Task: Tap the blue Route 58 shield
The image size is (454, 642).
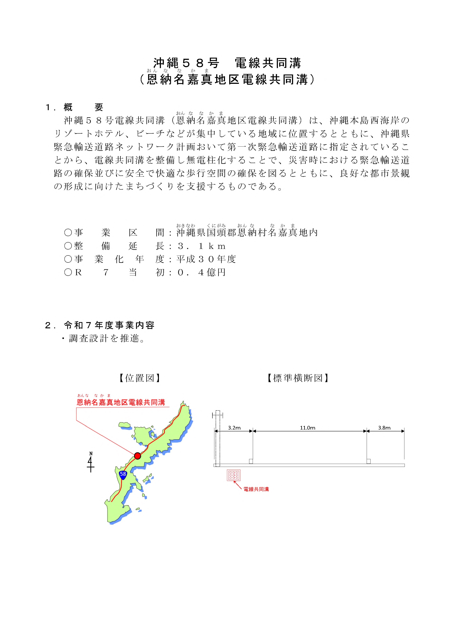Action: pos(123,474)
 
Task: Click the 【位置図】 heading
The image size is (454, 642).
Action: pos(139,378)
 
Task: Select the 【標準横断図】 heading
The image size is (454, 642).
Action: pos(298,378)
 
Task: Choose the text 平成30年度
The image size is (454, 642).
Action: pos(206,259)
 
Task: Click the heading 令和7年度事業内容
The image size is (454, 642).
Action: pos(109,325)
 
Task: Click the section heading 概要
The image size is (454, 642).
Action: pos(83,107)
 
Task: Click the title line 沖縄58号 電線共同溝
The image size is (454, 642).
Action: pos(227,63)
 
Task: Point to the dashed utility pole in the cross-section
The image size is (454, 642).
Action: pos(218,438)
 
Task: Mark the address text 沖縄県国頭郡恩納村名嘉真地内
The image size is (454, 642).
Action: pos(247,233)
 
